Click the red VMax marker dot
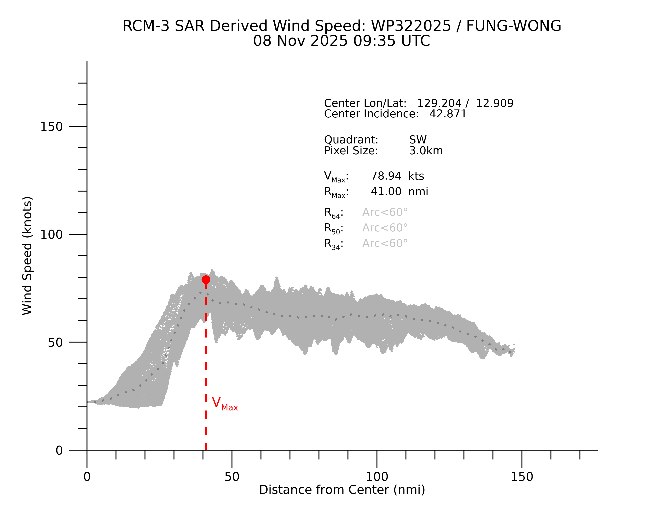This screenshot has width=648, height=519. point(206,280)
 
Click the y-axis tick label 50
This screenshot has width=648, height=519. point(55,342)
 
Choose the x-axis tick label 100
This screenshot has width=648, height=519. point(377,477)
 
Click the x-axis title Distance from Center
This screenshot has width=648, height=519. point(342,490)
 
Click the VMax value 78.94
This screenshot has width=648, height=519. point(386,176)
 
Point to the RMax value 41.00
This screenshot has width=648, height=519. point(386,192)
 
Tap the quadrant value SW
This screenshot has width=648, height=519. point(418,140)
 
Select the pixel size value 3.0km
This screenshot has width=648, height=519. point(426,151)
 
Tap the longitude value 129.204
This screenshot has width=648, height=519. point(439,103)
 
